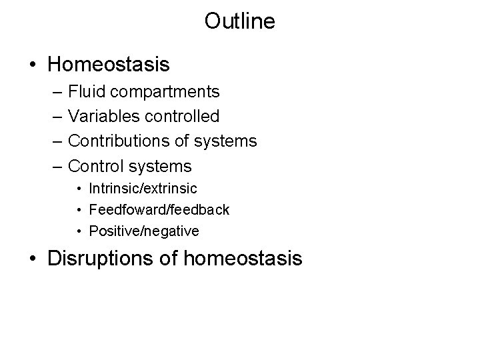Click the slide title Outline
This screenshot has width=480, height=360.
[239, 22]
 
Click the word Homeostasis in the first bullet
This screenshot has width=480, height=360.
[109, 65]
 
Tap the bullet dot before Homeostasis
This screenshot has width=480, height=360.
[33, 65]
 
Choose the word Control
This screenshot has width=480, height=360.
[96, 165]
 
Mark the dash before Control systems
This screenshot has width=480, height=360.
[55, 166]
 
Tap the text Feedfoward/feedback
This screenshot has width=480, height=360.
[159, 210]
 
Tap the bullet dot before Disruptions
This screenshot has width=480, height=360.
[33, 258]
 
